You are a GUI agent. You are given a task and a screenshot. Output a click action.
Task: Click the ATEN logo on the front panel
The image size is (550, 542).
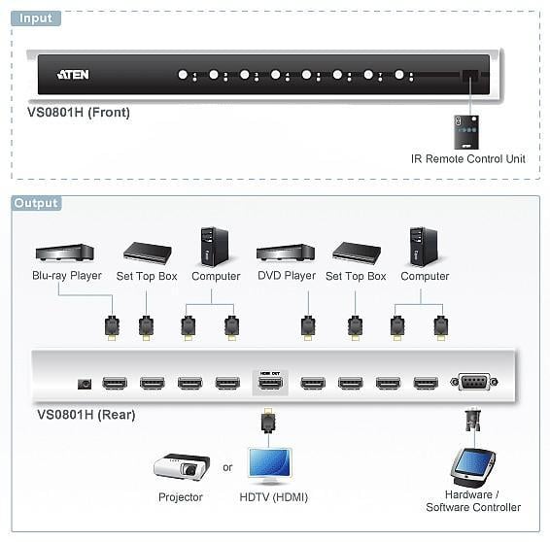[73, 75]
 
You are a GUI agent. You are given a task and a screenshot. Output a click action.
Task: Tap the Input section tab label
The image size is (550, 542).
[36, 18]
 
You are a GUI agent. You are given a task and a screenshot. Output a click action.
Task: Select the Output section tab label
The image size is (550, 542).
[37, 203]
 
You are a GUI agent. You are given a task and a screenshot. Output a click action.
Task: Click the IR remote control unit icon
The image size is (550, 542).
[466, 132]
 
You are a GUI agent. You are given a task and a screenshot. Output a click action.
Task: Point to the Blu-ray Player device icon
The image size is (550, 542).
[65, 253]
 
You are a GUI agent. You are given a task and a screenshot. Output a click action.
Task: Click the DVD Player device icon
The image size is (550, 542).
[286, 253]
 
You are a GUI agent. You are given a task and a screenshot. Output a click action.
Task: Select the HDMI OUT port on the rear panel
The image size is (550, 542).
[270, 383]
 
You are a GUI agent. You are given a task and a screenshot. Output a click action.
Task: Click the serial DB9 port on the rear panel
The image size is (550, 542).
[474, 382]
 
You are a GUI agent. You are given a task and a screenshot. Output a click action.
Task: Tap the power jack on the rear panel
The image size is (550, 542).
[85, 384]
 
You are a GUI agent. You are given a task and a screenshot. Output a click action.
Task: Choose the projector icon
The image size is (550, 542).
[182, 467]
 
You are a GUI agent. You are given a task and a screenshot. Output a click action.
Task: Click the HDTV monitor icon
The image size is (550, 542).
[269, 465]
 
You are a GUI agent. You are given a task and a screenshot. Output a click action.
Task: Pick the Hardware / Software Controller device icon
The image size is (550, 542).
[472, 467]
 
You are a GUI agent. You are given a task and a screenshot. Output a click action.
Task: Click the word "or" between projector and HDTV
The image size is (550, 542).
[227, 467]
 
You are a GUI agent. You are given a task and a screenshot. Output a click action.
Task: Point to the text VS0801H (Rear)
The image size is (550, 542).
[86, 415]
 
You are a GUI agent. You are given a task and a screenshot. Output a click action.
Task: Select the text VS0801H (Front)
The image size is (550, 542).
[79, 112]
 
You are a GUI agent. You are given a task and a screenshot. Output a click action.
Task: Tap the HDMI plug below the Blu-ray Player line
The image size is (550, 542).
[113, 328]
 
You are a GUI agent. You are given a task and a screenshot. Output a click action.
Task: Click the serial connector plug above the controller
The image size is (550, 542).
[473, 420]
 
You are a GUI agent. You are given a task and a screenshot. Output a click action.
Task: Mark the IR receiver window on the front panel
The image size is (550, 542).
[470, 75]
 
